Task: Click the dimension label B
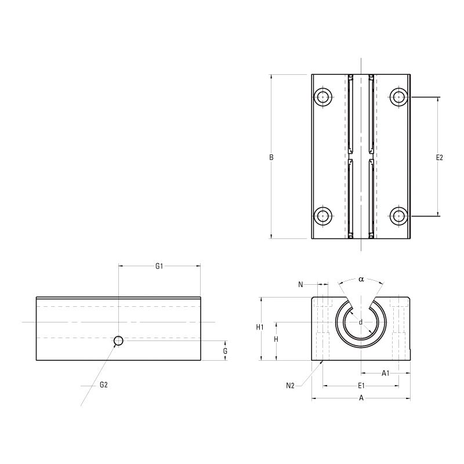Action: (x=271, y=157)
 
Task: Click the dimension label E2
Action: (x=439, y=157)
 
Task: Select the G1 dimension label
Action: (x=159, y=266)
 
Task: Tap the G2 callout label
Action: (x=104, y=385)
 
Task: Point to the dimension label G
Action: (x=225, y=351)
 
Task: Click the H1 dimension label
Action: (x=260, y=328)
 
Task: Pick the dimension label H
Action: (x=276, y=340)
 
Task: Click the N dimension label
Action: (x=300, y=284)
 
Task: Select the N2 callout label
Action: (x=291, y=385)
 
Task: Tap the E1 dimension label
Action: (x=361, y=385)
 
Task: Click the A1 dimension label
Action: (x=385, y=374)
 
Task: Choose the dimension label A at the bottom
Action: (x=361, y=398)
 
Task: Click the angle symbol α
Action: (x=361, y=279)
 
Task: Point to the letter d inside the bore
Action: (x=360, y=322)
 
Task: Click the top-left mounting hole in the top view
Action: (x=323, y=96)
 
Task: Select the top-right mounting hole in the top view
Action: (x=398, y=96)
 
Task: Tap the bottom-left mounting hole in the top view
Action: (x=323, y=216)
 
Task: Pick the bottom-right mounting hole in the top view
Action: (x=398, y=216)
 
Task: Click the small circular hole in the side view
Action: (x=118, y=340)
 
